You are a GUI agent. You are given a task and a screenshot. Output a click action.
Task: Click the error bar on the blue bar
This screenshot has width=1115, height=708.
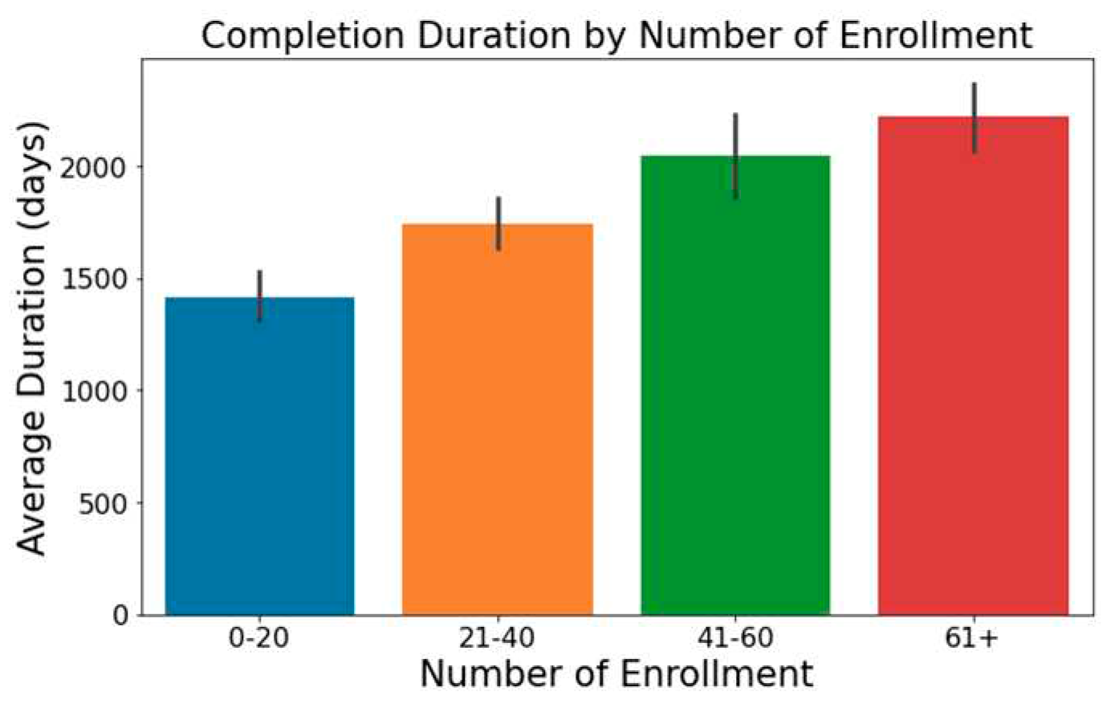coord(260,295)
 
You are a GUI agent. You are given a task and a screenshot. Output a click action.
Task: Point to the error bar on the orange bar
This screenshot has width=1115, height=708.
coord(498,222)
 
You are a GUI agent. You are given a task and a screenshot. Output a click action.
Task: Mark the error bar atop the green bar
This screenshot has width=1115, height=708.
coord(736,156)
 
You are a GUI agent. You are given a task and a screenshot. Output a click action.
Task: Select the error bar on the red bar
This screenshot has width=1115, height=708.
coord(974,117)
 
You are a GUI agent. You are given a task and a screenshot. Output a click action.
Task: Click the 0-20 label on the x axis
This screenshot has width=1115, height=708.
coord(259,639)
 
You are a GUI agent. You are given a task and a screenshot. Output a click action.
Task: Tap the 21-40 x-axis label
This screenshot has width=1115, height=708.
coord(498,639)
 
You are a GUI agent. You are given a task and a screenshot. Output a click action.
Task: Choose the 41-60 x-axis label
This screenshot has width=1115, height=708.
coord(735,639)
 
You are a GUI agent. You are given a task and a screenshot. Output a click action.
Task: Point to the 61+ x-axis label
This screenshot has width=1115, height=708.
coord(973,639)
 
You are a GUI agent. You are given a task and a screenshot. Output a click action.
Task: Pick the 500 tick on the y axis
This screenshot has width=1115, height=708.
coord(106,503)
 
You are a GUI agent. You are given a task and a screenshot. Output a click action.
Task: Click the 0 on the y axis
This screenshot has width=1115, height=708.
coord(121,616)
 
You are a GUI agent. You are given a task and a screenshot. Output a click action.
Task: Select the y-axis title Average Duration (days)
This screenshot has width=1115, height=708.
coord(33,338)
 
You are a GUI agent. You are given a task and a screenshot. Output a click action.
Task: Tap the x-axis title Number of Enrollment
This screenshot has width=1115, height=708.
coord(617,674)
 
